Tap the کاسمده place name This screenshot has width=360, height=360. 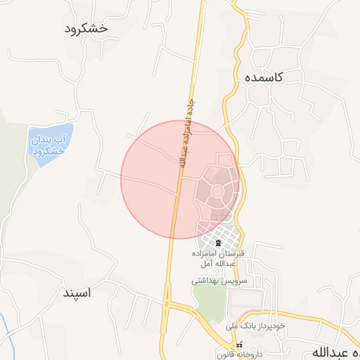tap(264, 78)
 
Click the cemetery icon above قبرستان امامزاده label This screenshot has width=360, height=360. tap(217, 243)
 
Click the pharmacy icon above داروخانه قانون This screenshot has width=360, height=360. tap(239, 345)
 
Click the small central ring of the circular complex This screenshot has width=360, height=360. tap(218, 191)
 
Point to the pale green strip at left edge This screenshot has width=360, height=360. tap(7, 176)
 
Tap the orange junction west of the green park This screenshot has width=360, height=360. tap(167, 304)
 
